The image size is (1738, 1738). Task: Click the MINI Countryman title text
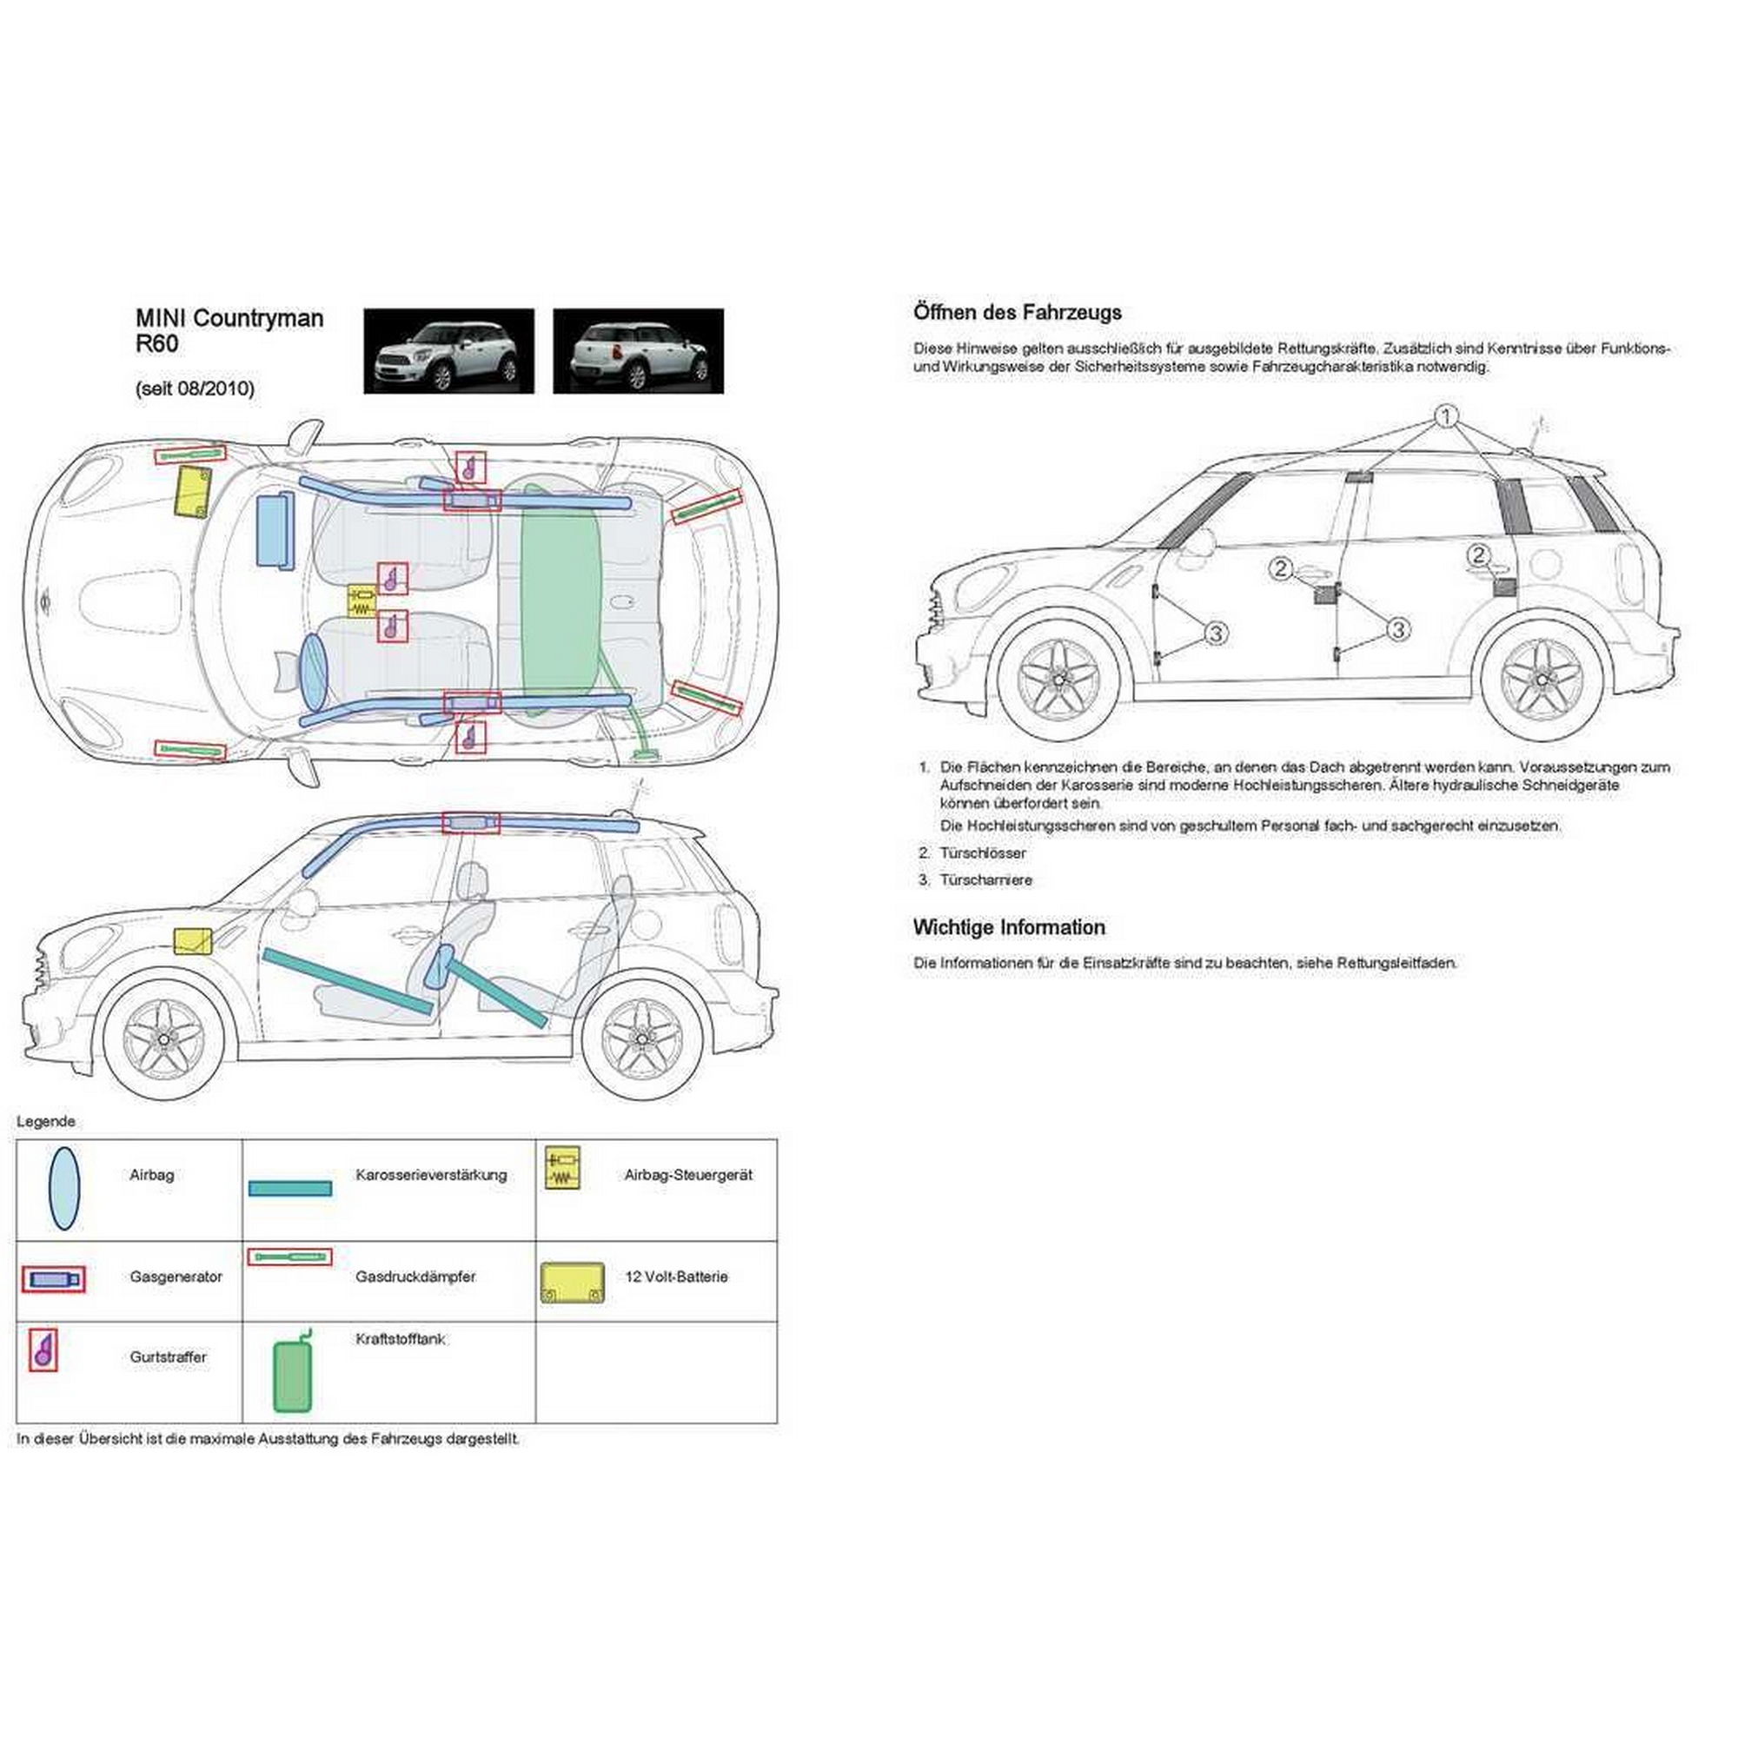229,318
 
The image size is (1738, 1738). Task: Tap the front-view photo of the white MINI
448,351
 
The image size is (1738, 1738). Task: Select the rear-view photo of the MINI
638,351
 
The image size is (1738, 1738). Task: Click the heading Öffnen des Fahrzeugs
1018,313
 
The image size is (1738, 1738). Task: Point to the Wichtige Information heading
1008,927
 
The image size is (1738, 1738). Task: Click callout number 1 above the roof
1446,415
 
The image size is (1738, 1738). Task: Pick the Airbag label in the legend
151,1175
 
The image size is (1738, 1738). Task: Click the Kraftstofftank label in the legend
401,1338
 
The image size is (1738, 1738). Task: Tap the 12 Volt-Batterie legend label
675,1277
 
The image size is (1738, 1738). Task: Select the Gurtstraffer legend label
169,1357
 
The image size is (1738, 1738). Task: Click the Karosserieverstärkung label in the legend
431,1175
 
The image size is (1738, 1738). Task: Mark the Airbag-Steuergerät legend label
688,1175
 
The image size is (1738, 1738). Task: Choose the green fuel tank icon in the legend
293,1375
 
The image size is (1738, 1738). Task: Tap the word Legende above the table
46,1122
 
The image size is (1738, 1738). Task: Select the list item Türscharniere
985,879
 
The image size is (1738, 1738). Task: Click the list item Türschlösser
982,852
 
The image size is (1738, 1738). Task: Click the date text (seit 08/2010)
195,388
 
